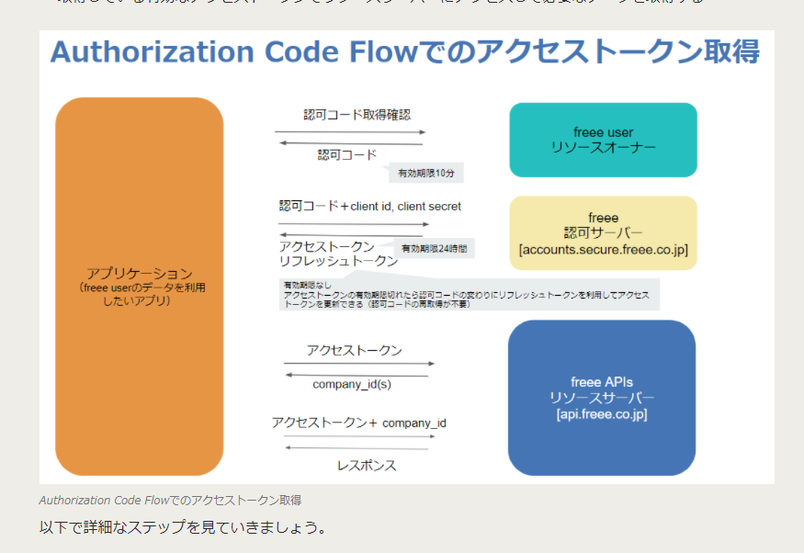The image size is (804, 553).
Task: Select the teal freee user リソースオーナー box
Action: pos(603,140)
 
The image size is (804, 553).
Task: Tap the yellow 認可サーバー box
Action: pos(603,233)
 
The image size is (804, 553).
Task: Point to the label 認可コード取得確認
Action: pos(357,116)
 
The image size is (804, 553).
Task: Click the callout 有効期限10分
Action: pos(425,173)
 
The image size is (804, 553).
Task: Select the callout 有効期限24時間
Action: pos(436,249)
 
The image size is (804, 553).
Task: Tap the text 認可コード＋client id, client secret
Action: pos(369,207)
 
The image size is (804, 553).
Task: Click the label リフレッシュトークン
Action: pos(337,261)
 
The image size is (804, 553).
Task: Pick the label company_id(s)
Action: pos(352,384)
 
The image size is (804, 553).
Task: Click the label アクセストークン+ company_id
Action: pos(358,423)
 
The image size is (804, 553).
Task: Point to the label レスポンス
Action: pos(367,465)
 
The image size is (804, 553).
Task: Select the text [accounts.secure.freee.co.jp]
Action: pos(603,250)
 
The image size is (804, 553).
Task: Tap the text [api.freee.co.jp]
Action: pos(602,415)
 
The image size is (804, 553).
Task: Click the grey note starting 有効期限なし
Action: pos(469,295)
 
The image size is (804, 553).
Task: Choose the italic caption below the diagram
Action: pos(170,501)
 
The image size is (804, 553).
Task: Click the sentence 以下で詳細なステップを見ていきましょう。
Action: pos(183,529)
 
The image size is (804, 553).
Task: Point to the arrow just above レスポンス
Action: pos(358,447)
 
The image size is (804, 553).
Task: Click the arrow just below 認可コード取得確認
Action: pos(349,132)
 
